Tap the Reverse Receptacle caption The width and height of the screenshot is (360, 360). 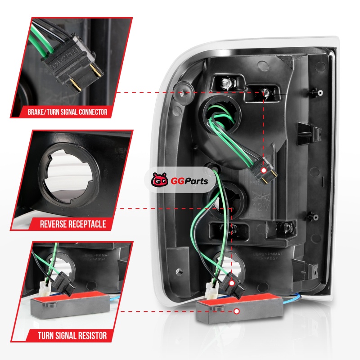(73, 224)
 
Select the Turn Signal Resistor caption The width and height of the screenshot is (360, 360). (73, 335)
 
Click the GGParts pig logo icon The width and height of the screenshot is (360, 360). (159, 180)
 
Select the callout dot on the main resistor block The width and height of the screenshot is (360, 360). (237, 310)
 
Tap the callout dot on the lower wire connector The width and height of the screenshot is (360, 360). (232, 283)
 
